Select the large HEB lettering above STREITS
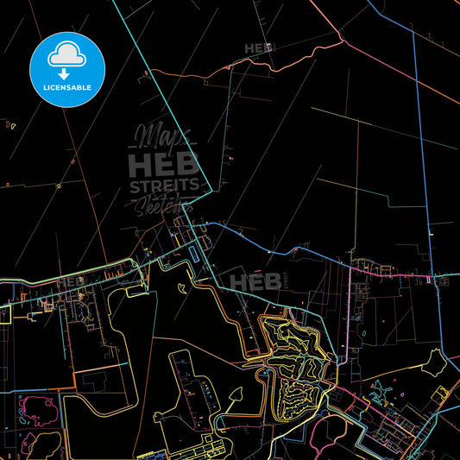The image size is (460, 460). point(164,164)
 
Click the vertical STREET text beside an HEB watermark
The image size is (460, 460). point(280,280)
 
